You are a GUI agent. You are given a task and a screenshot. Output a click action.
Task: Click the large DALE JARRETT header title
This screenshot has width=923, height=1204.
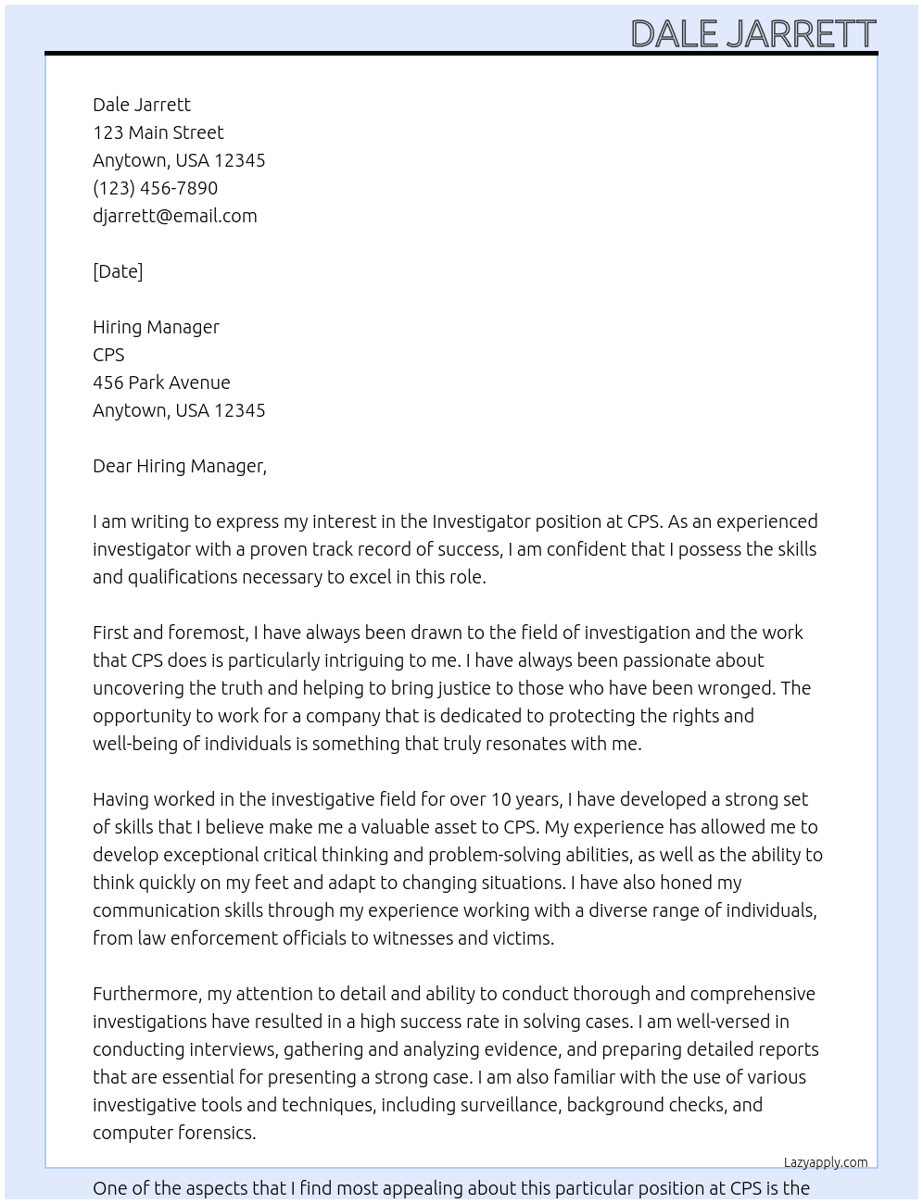pyautogui.click(x=752, y=33)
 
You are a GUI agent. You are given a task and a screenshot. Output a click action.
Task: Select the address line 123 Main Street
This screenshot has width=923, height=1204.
pyautogui.click(x=158, y=132)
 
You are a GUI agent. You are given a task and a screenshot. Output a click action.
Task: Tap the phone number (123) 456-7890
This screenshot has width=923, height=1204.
pyautogui.click(x=155, y=188)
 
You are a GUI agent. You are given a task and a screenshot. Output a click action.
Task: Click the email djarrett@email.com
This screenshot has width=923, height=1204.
pyautogui.click(x=174, y=216)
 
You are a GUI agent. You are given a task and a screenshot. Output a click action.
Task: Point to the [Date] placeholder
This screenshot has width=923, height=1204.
pyautogui.click(x=118, y=271)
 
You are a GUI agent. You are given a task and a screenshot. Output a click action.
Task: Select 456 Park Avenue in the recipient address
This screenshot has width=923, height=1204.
pyautogui.click(x=161, y=383)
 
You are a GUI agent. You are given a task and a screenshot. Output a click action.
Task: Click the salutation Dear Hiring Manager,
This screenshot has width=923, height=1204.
pyautogui.click(x=179, y=466)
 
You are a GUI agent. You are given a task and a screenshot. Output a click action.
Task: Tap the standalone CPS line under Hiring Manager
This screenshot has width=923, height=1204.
pyautogui.click(x=108, y=355)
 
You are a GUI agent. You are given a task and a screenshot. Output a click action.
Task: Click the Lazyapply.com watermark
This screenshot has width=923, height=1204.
pyautogui.click(x=825, y=1162)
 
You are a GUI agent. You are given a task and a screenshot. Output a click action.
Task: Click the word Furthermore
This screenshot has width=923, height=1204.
pyautogui.click(x=146, y=994)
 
